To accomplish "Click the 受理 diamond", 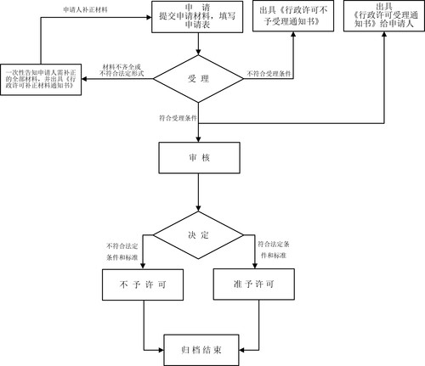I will (198, 78).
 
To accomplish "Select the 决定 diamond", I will (198, 235).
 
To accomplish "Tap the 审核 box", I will (198, 158).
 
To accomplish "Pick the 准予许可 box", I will (253, 283).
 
